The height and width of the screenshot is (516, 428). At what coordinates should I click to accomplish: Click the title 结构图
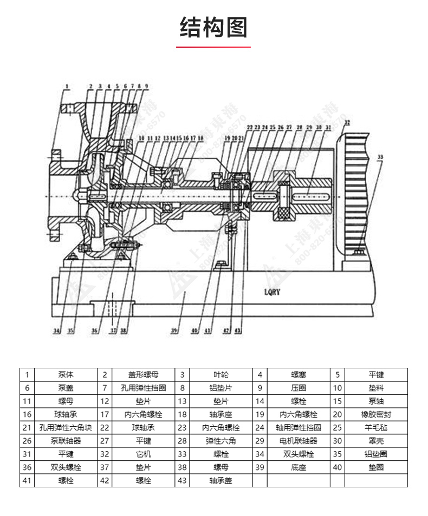213,28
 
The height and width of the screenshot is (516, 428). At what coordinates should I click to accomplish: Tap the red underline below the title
213,47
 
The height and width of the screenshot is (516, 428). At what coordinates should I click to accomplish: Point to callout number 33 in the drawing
380,157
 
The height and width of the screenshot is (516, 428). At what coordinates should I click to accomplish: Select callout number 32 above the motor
346,122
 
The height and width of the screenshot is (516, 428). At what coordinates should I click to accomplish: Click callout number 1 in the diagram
67,85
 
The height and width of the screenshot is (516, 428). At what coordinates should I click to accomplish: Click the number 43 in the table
182,480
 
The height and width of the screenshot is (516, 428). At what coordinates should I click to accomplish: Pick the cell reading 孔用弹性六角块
66,427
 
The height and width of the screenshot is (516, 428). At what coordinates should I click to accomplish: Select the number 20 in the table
338,414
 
